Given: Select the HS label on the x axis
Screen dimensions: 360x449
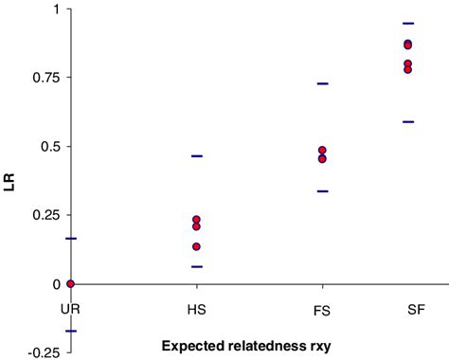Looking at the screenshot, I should [x=196, y=309].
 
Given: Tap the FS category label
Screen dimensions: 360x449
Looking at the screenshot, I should [x=322, y=309].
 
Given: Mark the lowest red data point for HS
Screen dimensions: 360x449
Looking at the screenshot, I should [x=196, y=246].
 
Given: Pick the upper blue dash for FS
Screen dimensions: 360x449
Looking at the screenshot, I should [x=322, y=84].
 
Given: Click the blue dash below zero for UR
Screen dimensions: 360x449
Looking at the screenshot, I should [x=70, y=331].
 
